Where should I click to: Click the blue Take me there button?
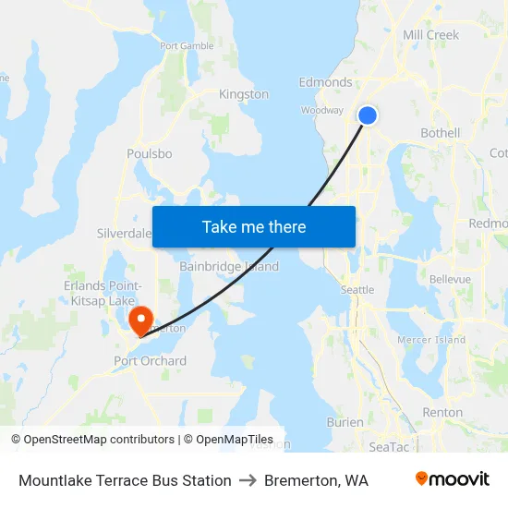click(x=254, y=226)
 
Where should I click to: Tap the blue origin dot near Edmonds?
click(x=368, y=115)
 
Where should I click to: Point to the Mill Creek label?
click(x=430, y=35)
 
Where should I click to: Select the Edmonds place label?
click(x=325, y=82)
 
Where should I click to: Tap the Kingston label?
click(x=244, y=94)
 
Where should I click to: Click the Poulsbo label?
click(x=150, y=153)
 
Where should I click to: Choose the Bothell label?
click(x=440, y=133)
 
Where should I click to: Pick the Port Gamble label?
click(x=187, y=45)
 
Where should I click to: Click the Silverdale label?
click(x=124, y=234)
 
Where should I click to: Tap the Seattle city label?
click(x=357, y=290)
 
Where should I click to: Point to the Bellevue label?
click(x=450, y=279)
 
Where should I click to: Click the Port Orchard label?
click(x=150, y=361)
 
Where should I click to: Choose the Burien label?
click(x=345, y=422)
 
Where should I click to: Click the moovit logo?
click(x=452, y=479)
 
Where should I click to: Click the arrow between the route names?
click(x=248, y=480)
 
